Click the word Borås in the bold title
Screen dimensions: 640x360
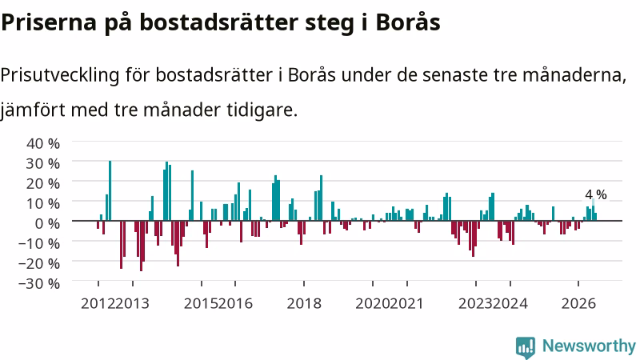tap(408, 22)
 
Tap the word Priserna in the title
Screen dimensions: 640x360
tap(49, 22)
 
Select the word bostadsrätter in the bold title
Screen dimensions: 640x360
tap(218, 22)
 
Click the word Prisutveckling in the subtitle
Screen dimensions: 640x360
tap(60, 75)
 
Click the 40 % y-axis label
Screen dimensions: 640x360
tap(43, 143)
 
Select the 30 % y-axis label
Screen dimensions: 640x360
tap(43, 163)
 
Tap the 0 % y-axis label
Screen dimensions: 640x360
tap(47, 223)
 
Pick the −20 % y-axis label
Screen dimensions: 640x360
tap(39, 263)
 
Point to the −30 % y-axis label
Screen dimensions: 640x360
tap(39, 283)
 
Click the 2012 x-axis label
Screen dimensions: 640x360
tap(98, 304)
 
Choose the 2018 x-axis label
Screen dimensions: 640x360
tap(304, 304)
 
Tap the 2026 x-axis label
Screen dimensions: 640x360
tap(578, 304)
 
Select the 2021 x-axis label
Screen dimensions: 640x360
tap(407, 304)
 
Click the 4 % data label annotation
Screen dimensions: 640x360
tap(596, 194)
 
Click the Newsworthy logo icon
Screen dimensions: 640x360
tap(526, 347)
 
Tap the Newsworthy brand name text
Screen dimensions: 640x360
tap(589, 346)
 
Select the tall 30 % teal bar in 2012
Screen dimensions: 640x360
tap(110, 190)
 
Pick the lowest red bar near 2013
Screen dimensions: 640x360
tap(142, 246)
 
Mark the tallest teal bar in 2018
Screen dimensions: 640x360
tap(322, 198)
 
